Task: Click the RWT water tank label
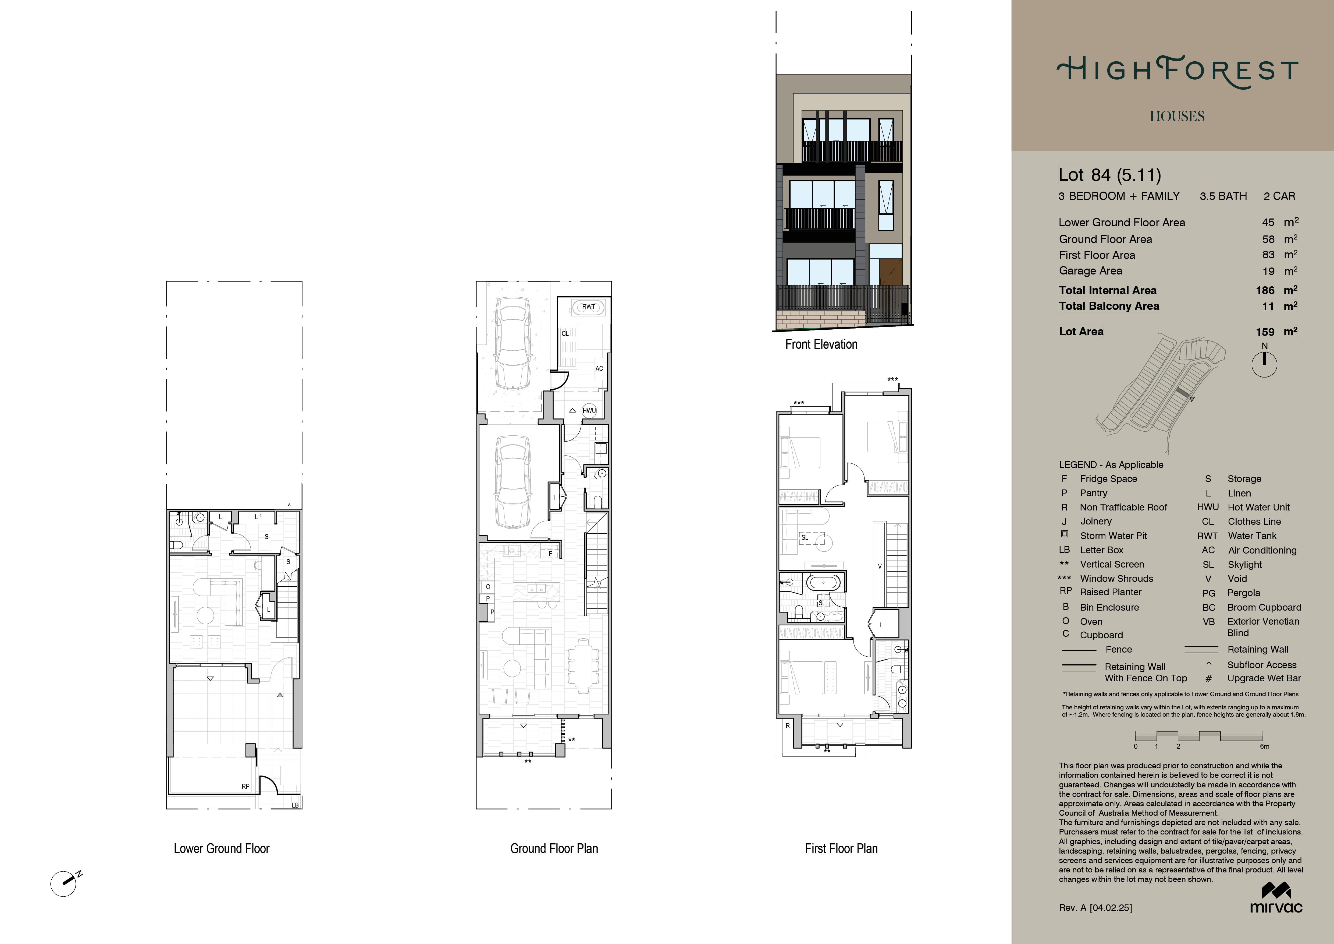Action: click(589, 307)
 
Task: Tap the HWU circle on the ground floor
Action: click(589, 410)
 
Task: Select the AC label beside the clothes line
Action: click(599, 369)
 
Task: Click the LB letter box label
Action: click(295, 805)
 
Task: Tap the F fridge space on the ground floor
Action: click(550, 553)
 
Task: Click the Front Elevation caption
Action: click(821, 344)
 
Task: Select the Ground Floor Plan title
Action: click(554, 849)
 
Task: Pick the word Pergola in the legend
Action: click(1243, 593)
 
